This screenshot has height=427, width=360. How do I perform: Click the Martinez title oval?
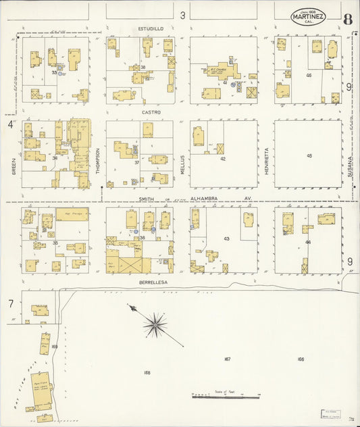[x=308, y=17]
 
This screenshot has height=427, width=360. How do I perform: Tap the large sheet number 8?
[x=346, y=18]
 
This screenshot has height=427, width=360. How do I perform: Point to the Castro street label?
[x=150, y=112]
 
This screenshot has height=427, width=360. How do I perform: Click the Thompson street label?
[x=97, y=161]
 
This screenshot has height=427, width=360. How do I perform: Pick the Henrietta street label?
[x=267, y=161]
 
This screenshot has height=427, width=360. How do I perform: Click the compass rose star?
[x=155, y=325]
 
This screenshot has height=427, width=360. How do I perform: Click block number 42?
[x=223, y=159]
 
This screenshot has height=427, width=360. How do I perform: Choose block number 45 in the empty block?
[x=309, y=156]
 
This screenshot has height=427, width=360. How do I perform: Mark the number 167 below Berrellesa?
[x=227, y=359]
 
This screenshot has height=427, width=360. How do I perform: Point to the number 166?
[x=300, y=359]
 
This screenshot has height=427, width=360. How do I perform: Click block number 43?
[x=226, y=239]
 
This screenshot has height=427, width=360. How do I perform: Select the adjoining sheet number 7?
[x=11, y=303]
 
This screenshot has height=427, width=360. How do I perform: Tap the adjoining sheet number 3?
[x=182, y=15]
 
